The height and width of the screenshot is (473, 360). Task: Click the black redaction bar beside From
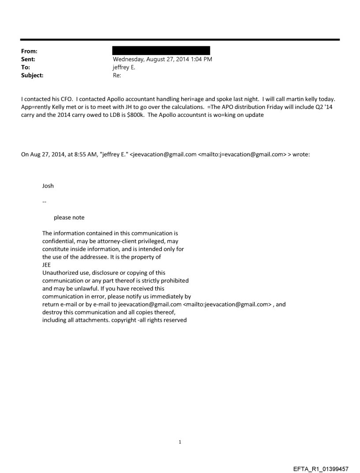(x=161, y=51)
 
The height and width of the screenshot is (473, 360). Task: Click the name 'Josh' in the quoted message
(x=48, y=186)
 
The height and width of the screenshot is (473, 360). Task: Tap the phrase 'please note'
(x=69, y=217)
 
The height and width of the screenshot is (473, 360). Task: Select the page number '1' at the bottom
(x=180, y=441)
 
